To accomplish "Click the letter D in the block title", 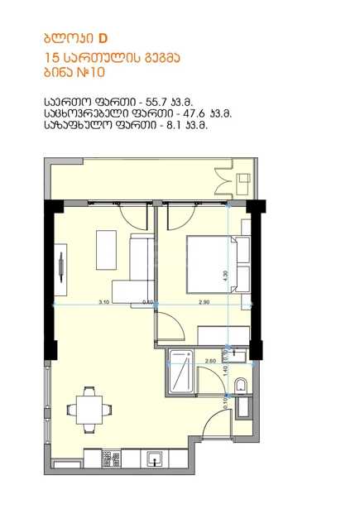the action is coord(103,39).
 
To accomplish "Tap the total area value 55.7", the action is coord(156,102).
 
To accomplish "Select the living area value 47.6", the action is coord(192,113).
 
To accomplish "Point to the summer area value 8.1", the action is coord(173,125).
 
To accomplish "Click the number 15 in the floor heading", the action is coord(51,58).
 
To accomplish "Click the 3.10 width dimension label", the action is coord(104,302).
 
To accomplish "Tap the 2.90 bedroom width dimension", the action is coord(204,302).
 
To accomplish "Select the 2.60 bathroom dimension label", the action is coord(211,361).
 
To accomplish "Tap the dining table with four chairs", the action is coord(89,410).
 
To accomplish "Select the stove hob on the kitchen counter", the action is coord(111,458).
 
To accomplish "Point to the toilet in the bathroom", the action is coord(241,385).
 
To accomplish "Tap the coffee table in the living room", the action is coord(106,250).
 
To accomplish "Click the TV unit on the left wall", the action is coord(60,270).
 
